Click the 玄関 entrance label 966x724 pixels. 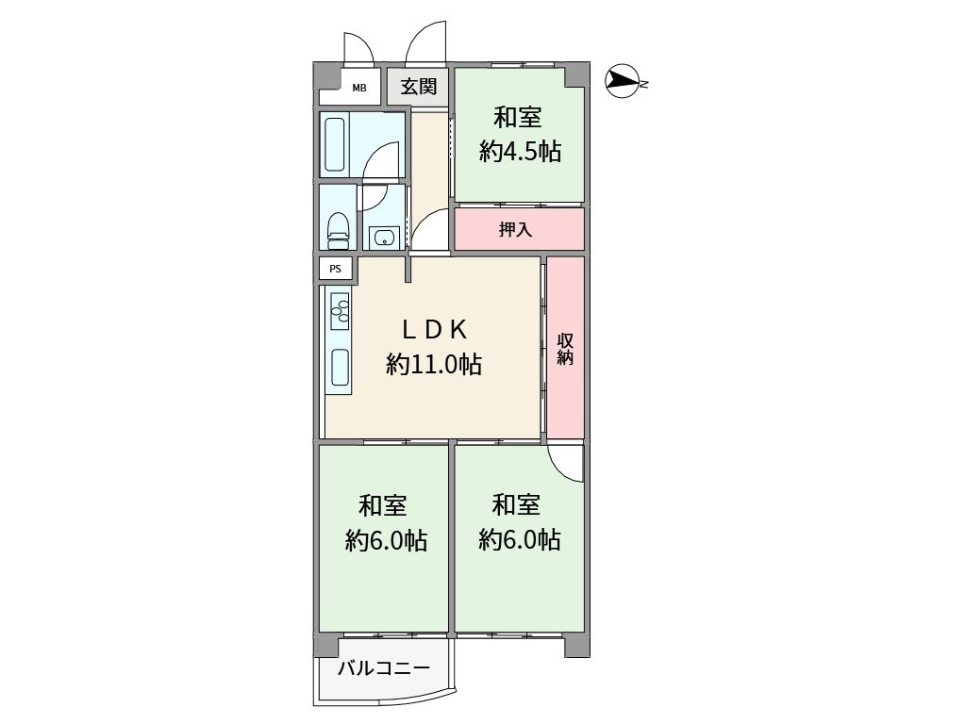tap(418, 86)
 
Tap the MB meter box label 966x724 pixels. tap(359, 88)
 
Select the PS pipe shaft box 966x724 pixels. tap(335, 269)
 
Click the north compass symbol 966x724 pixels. tap(623, 81)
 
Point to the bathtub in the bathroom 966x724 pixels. tap(335, 144)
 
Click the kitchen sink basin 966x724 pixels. tap(341, 368)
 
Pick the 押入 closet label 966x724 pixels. tap(515, 230)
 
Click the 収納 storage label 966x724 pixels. tap(565, 349)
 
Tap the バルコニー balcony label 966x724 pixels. tap(383, 668)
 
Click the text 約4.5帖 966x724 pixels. tap(520, 151)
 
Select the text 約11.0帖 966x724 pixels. tap(434, 365)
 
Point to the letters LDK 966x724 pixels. tap(434, 330)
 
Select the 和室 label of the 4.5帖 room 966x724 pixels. tap(518, 117)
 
